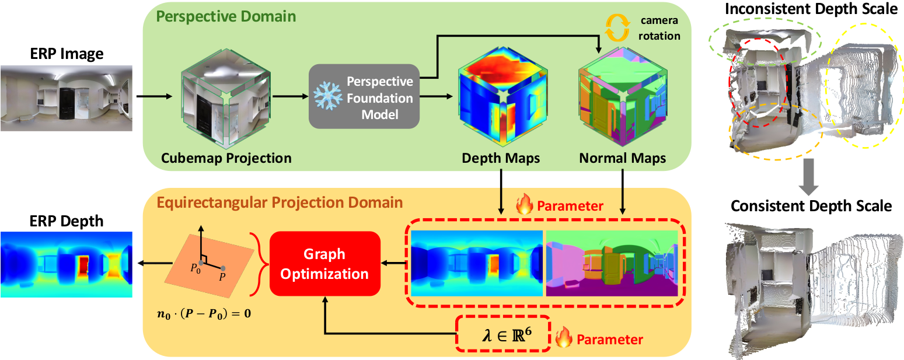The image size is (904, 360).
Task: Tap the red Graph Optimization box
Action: click(324, 264)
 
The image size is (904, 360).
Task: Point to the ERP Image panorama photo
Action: click(66, 97)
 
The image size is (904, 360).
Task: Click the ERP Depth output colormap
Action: click(66, 264)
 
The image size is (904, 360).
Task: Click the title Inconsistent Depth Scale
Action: click(811, 10)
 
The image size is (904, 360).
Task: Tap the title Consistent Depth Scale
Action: click(811, 206)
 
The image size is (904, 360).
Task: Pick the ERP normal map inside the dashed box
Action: click(612, 264)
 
